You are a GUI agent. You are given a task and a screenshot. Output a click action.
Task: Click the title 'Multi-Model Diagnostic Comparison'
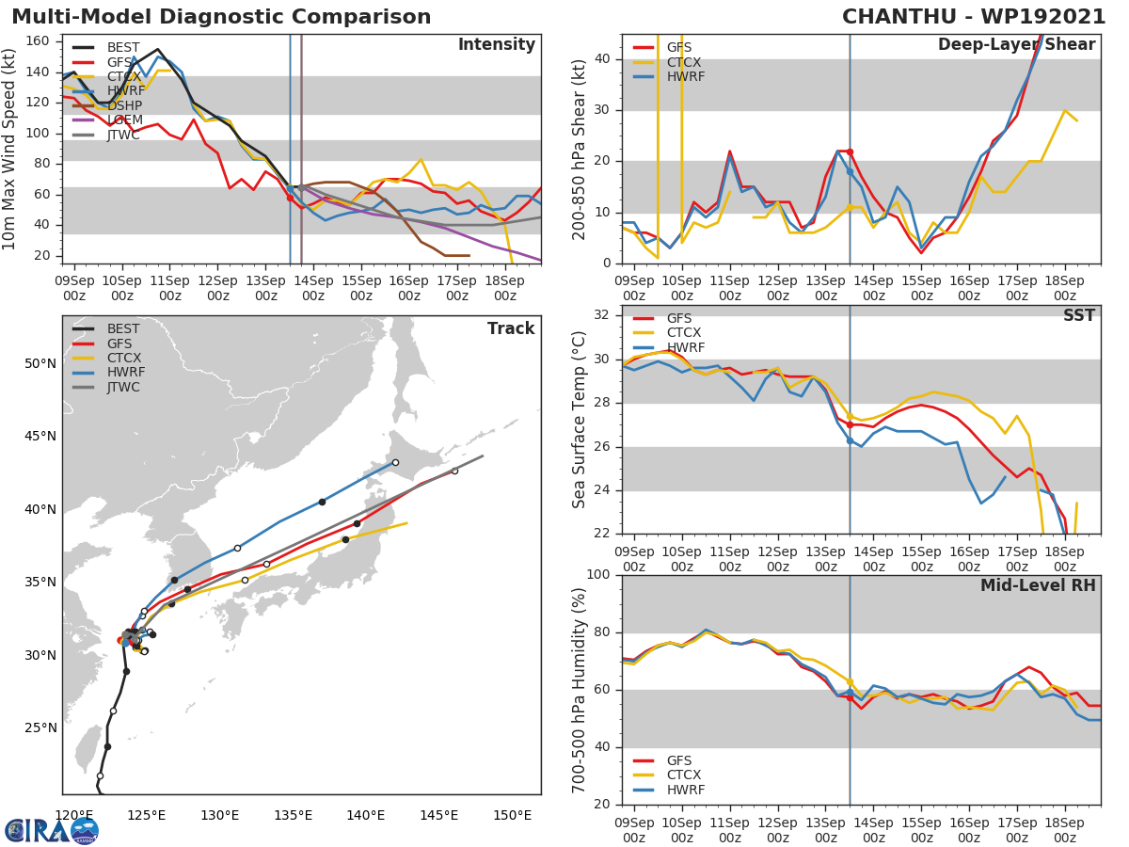point(221,17)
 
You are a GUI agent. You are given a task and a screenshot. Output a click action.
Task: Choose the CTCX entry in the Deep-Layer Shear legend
point(683,62)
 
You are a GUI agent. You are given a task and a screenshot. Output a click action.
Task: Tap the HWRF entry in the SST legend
point(683,347)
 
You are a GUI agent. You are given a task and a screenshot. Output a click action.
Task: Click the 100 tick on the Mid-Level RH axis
point(597,575)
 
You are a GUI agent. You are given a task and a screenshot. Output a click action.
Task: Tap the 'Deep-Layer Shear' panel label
point(1016,45)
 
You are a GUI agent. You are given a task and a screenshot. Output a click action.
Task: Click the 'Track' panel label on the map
point(510,328)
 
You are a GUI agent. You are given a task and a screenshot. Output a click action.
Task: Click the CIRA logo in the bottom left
point(51,830)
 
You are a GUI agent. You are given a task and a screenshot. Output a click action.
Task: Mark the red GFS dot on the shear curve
point(850,152)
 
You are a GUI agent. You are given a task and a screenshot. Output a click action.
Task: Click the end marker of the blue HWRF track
point(395,462)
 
